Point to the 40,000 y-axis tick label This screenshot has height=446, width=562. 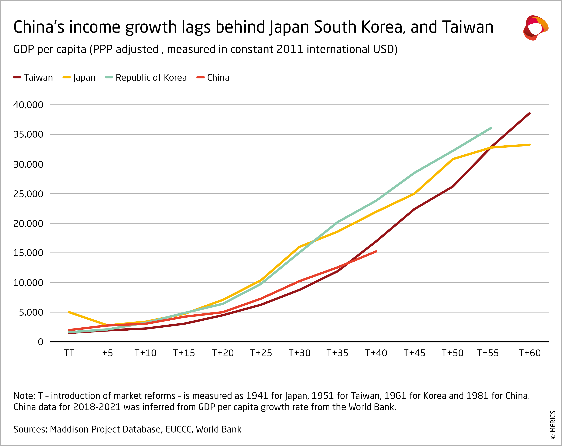coord(28,105)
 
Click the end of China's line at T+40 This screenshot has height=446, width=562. coord(376,251)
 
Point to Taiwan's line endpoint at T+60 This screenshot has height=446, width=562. coord(529,113)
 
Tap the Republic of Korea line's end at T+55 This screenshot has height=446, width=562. coord(491,128)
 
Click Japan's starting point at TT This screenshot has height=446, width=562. coord(69,312)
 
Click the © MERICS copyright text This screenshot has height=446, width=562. coord(553,425)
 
